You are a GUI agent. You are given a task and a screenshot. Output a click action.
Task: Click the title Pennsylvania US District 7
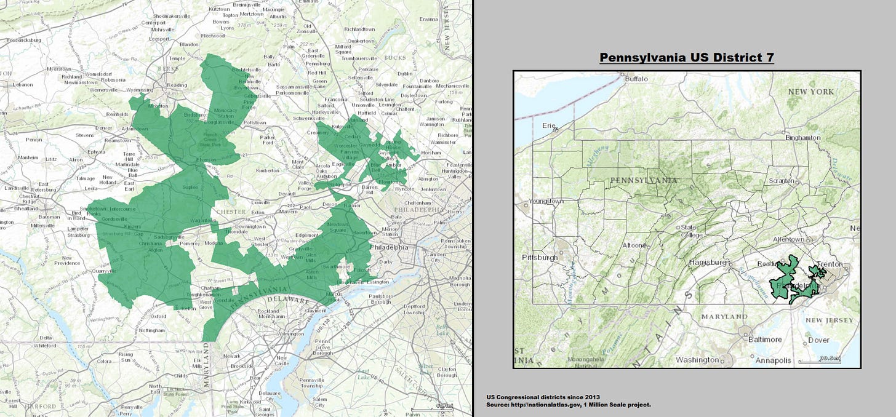(x=686, y=58)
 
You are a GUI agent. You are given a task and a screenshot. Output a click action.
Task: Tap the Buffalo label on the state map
(x=637, y=79)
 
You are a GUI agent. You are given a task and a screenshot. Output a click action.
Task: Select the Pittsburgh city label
(x=541, y=257)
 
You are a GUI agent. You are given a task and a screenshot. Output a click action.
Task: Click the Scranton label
(x=780, y=181)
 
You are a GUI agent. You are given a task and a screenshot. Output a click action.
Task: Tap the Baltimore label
(x=765, y=339)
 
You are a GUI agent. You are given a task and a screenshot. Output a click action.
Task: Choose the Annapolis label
(x=773, y=360)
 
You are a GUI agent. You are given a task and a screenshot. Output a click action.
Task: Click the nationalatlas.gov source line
(x=568, y=404)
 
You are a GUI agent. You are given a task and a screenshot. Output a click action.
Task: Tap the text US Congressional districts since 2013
(x=543, y=397)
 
